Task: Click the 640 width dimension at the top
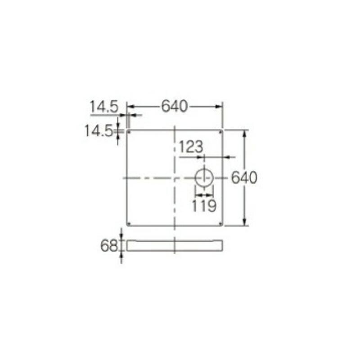[x=175, y=106]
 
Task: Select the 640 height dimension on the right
[x=244, y=177]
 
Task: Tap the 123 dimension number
[x=191, y=147]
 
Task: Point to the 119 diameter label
[x=204, y=206]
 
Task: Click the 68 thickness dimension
[x=109, y=246]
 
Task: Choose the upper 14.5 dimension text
[x=104, y=107]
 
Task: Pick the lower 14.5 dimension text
[x=99, y=131]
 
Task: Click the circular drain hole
[x=204, y=178]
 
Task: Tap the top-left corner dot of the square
[x=129, y=132]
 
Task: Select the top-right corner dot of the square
[x=220, y=132]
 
